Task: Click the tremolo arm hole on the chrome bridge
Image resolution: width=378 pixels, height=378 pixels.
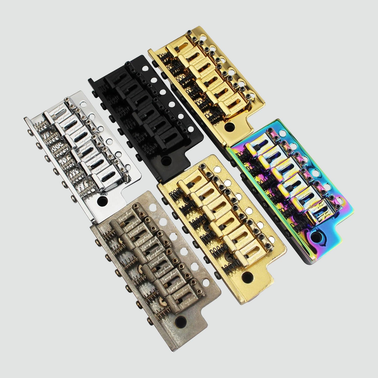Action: click(x=103, y=200)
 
